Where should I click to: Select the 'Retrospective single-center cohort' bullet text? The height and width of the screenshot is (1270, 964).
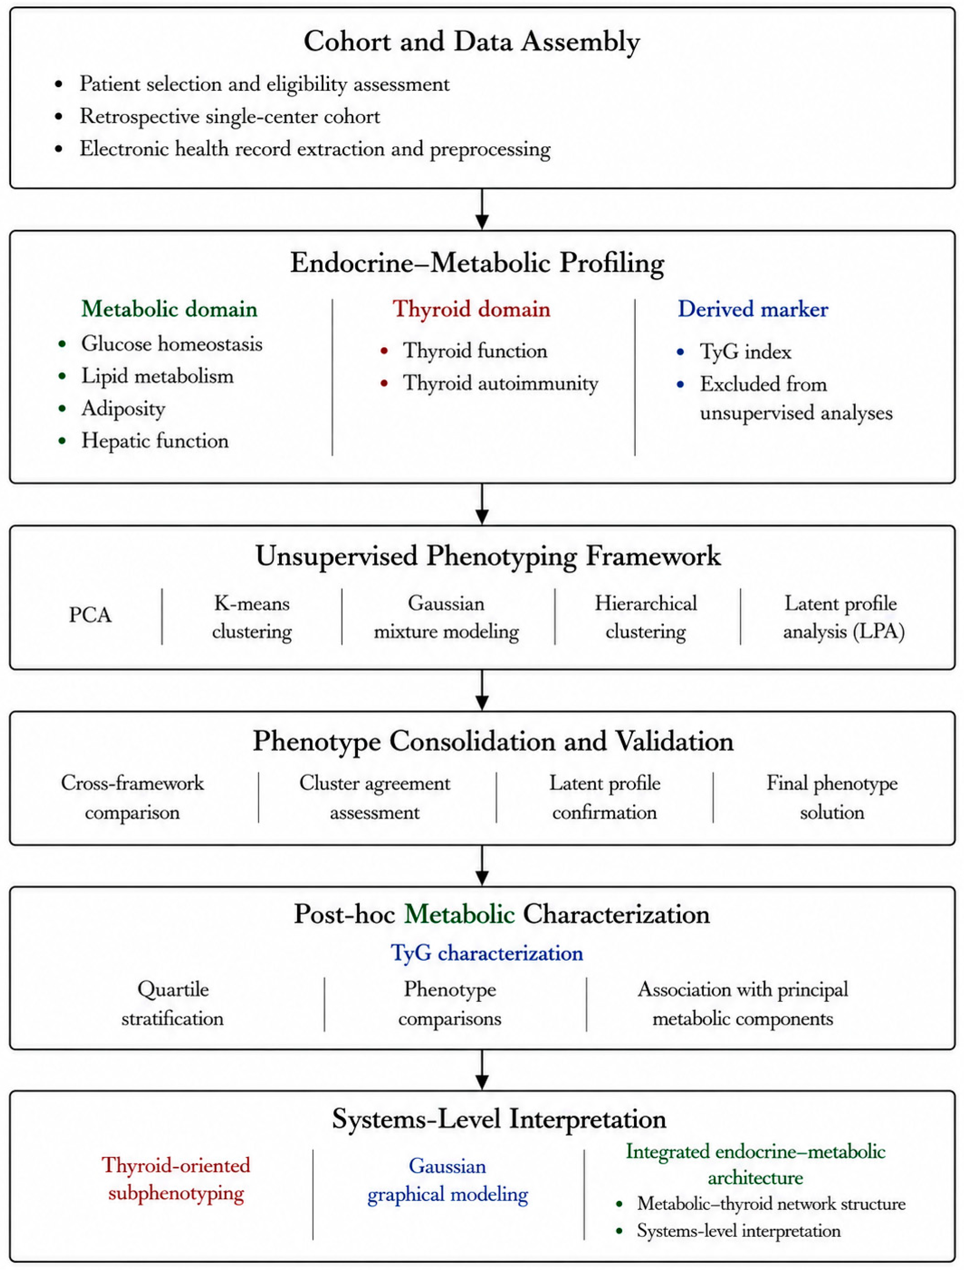pyautogui.click(x=229, y=116)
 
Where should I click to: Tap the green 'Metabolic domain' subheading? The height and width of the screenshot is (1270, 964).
pyautogui.click(x=169, y=309)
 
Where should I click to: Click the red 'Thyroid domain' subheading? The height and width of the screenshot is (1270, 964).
pyautogui.click(x=471, y=309)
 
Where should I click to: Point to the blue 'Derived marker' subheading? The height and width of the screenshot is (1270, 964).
pyautogui.click(x=753, y=309)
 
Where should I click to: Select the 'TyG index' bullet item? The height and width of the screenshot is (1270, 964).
pyautogui.click(x=746, y=351)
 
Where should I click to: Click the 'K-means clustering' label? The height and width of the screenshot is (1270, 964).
pyautogui.click(x=252, y=617)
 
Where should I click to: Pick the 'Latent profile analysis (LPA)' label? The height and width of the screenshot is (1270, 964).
pyautogui.click(x=843, y=617)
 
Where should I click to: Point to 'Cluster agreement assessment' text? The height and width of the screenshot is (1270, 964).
pyautogui.click(x=375, y=798)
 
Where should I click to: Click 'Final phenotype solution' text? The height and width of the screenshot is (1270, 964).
pyautogui.click(x=832, y=798)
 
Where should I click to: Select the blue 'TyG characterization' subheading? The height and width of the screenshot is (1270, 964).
pyautogui.click(x=487, y=953)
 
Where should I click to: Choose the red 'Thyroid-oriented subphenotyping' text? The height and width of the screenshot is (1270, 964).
pyautogui.click(x=176, y=1179)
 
